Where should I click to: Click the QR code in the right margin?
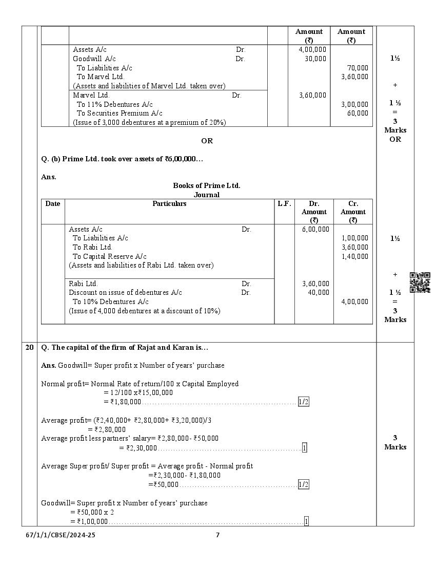click(x=420, y=282)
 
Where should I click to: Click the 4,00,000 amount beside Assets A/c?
click(x=312, y=49)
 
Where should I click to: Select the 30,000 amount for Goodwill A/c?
click(x=315, y=59)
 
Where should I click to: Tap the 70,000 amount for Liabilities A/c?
click(x=358, y=68)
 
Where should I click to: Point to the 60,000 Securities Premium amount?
click(x=358, y=113)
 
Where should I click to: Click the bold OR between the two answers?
click(x=207, y=141)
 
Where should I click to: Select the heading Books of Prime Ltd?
click(x=207, y=185)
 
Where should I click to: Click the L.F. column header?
click(x=284, y=204)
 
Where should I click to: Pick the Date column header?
click(x=53, y=204)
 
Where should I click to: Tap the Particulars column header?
click(x=169, y=204)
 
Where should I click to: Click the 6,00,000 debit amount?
click(x=315, y=229)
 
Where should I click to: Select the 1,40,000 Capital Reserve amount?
click(x=354, y=256)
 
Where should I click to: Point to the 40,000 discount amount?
click(x=319, y=292)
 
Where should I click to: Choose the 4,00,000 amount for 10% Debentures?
click(x=354, y=302)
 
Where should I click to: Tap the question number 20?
click(x=30, y=348)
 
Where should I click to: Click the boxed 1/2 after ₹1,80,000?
click(x=304, y=402)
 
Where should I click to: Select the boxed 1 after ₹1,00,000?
click(x=306, y=522)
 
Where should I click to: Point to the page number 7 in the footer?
click(x=217, y=535)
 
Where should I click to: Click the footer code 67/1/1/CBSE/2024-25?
click(x=61, y=535)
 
